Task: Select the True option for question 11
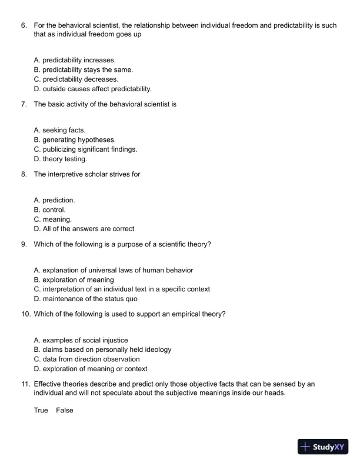pyautogui.click(x=41, y=410)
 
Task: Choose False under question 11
pyautogui.click(x=65, y=410)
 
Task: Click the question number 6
pyautogui.click(x=24, y=25)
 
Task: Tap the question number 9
pyautogui.click(x=24, y=244)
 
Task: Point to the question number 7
pyautogui.click(x=24, y=104)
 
